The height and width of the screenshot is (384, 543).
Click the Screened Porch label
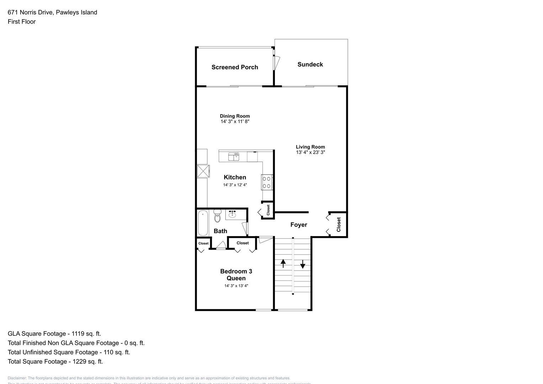tap(235, 67)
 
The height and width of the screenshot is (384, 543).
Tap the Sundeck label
tap(310, 64)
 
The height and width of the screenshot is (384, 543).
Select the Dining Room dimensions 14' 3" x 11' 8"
tap(235, 122)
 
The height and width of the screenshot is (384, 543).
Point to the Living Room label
tap(310, 147)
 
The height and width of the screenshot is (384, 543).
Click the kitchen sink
tap(233, 156)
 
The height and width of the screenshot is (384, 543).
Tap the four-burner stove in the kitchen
tap(267, 182)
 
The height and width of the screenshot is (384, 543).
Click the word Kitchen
tap(235, 177)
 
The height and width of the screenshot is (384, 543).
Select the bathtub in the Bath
tap(203, 223)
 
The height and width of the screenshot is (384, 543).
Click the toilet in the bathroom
tap(217, 217)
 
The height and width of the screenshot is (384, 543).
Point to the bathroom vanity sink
tap(233, 214)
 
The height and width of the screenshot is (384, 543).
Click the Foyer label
tap(299, 225)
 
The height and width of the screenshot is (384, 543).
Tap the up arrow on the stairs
tap(283, 263)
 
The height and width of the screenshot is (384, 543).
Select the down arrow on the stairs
tap(303, 264)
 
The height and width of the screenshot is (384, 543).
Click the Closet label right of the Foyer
tap(339, 225)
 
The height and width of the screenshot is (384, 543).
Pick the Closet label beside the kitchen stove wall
tap(268, 210)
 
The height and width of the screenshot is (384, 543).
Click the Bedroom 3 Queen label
tap(236, 275)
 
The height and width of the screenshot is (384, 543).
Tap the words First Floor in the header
tap(22, 22)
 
